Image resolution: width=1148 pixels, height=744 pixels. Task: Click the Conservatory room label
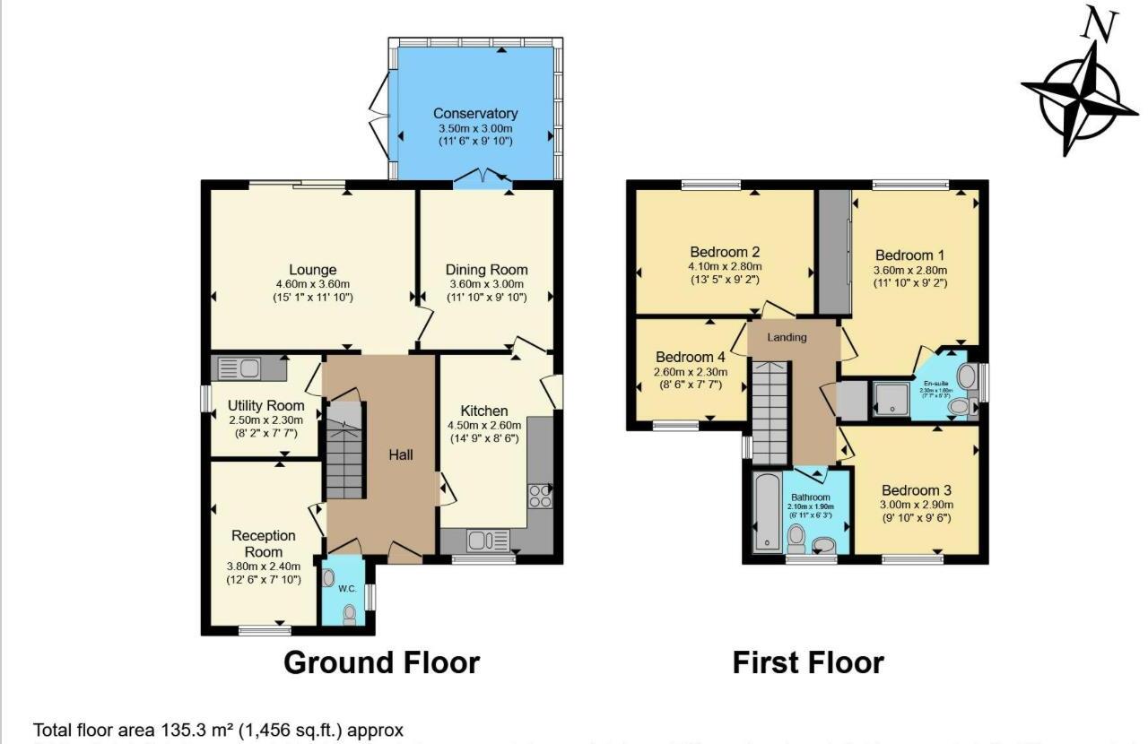click(475, 114)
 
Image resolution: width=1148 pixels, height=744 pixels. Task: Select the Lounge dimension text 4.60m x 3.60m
click(312, 285)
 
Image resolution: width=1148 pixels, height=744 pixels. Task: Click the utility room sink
click(239, 368)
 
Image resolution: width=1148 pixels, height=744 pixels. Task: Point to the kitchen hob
click(542, 496)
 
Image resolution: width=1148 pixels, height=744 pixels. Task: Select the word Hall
click(400, 455)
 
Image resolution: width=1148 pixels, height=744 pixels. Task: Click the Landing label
click(788, 337)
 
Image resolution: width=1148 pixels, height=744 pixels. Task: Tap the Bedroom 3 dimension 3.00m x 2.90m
click(916, 505)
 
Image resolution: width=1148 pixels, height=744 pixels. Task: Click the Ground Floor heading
click(381, 662)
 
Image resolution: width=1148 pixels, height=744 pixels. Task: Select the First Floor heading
click(807, 662)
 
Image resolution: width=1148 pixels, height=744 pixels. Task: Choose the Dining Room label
click(486, 270)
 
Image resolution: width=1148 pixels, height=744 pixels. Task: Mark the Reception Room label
click(264, 543)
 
